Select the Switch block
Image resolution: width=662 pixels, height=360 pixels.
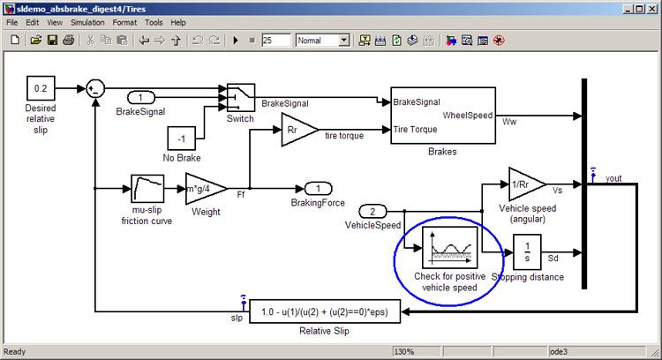[x=239, y=97]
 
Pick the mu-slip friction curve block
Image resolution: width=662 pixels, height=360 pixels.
[x=148, y=189]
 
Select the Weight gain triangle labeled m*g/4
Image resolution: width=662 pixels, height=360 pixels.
[x=203, y=189]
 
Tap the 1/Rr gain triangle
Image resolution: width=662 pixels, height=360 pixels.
[x=526, y=184]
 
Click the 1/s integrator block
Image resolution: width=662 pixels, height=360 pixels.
[x=527, y=251]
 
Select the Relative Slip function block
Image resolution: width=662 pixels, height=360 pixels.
[x=326, y=311]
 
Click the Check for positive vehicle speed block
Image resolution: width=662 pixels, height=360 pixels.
[x=449, y=248]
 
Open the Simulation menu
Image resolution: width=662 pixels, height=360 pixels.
[x=87, y=22]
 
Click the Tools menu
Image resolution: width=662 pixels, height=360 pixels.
[x=154, y=22]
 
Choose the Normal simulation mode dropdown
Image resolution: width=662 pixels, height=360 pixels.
[x=322, y=40]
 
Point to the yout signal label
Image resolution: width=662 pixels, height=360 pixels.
[x=613, y=178]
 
